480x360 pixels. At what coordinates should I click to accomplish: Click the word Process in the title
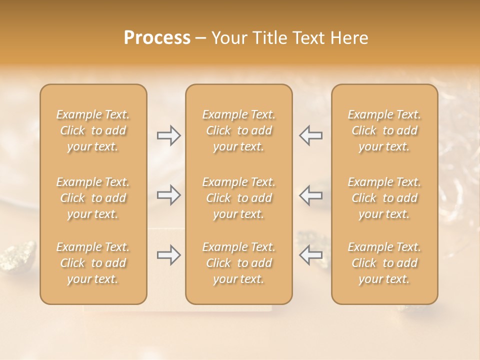pyautogui.click(x=157, y=37)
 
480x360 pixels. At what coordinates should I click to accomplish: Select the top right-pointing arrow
pyautogui.click(x=168, y=135)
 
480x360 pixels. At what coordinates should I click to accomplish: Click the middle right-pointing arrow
pyautogui.click(x=168, y=194)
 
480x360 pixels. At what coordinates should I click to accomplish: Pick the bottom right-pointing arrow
pyautogui.click(x=168, y=255)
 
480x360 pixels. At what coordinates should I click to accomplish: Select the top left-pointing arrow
pyautogui.click(x=310, y=135)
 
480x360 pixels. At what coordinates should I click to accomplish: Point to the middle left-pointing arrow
pyautogui.click(x=310, y=194)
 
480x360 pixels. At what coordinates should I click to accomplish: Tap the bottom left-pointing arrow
pyautogui.click(x=310, y=255)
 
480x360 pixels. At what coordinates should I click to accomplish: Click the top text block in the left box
pyautogui.click(x=93, y=130)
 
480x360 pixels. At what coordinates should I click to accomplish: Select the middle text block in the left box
pyautogui.click(x=93, y=198)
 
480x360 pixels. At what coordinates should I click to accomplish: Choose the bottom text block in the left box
pyautogui.click(x=93, y=263)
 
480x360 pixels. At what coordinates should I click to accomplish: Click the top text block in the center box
pyautogui.click(x=238, y=130)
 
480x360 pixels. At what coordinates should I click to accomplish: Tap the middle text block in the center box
pyautogui.click(x=238, y=198)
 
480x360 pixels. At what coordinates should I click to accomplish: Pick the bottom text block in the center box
pyautogui.click(x=238, y=263)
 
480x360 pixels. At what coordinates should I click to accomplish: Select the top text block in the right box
pyautogui.click(x=384, y=130)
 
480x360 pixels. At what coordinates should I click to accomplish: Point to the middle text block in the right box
pyautogui.click(x=384, y=198)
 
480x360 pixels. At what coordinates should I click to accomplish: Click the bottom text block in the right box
pyautogui.click(x=384, y=263)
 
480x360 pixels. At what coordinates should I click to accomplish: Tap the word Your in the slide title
pyautogui.click(x=229, y=37)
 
